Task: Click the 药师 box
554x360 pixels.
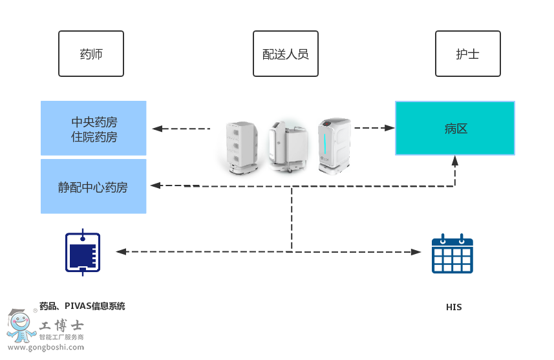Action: tap(91, 54)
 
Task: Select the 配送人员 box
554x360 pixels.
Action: tap(285, 54)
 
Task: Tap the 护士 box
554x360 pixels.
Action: tap(467, 54)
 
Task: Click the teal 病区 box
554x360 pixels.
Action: tap(455, 128)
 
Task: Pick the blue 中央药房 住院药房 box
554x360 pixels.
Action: tap(94, 129)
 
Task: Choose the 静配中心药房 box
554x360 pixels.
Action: tap(94, 187)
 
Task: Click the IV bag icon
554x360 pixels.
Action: tap(83, 252)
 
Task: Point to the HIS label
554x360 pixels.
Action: tap(454, 307)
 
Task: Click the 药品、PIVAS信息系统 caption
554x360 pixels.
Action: tap(82, 306)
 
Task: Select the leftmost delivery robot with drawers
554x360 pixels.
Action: tap(241, 147)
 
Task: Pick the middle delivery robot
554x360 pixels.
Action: tap(287, 146)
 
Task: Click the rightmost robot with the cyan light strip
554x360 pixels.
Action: tap(334, 146)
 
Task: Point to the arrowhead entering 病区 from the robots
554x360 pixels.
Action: tap(389, 128)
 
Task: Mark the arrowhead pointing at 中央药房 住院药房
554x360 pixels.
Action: tap(156, 129)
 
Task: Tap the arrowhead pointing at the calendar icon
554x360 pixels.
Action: tap(416, 251)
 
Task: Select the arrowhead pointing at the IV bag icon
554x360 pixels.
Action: tap(120, 251)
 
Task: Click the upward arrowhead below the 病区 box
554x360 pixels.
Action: tap(455, 160)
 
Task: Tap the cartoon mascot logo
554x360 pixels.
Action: tap(21, 326)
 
